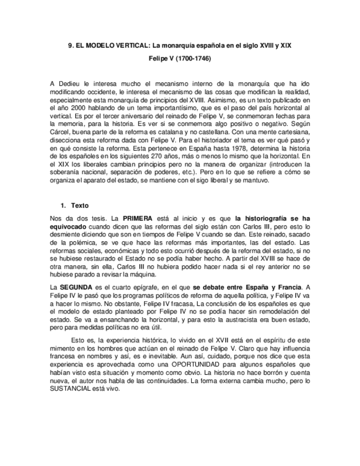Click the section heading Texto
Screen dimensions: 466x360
80,206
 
